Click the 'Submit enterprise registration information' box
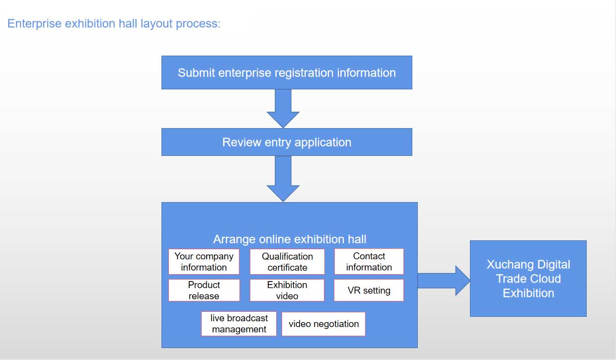tap(287, 72)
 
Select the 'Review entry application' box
tap(287, 142)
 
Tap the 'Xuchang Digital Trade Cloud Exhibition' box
tap(528, 279)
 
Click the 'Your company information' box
tap(204, 262)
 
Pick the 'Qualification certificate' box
tap(287, 262)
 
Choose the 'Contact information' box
tap(369, 262)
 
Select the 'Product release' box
tap(204, 290)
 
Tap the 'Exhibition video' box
tap(287, 290)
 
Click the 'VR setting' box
tap(369, 290)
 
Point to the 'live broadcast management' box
tap(239, 324)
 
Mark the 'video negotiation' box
tap(323, 324)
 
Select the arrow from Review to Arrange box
tap(283, 179)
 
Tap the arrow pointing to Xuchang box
tap(444, 281)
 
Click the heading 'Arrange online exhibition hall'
tap(290, 239)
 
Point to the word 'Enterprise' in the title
tap(34, 23)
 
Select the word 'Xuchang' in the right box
tap(507, 264)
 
